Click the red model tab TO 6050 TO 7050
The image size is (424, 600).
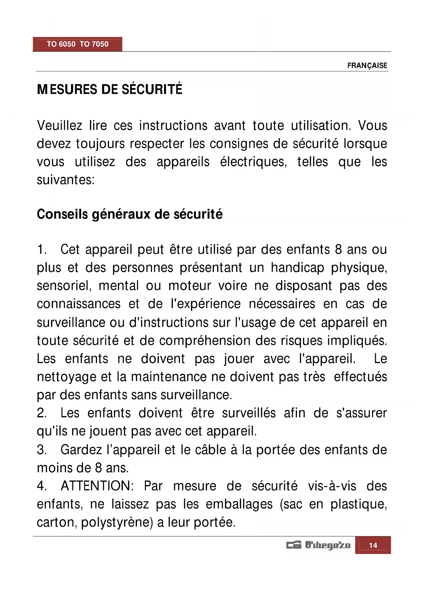click(x=78, y=44)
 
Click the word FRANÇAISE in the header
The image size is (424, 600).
click(x=367, y=65)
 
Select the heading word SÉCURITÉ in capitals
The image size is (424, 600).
click(x=152, y=89)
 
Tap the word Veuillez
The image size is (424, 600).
click(x=59, y=126)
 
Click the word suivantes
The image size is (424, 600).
click(x=65, y=180)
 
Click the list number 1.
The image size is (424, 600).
click(x=41, y=250)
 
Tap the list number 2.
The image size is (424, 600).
click(x=41, y=413)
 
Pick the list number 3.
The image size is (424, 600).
click(x=41, y=449)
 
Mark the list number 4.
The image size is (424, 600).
click(x=41, y=486)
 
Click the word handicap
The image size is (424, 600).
click(x=297, y=268)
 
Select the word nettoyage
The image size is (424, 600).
click(x=67, y=377)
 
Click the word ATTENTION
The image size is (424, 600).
click(x=97, y=486)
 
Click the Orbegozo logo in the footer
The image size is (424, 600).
click(x=318, y=545)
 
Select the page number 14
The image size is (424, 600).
click(x=373, y=545)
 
